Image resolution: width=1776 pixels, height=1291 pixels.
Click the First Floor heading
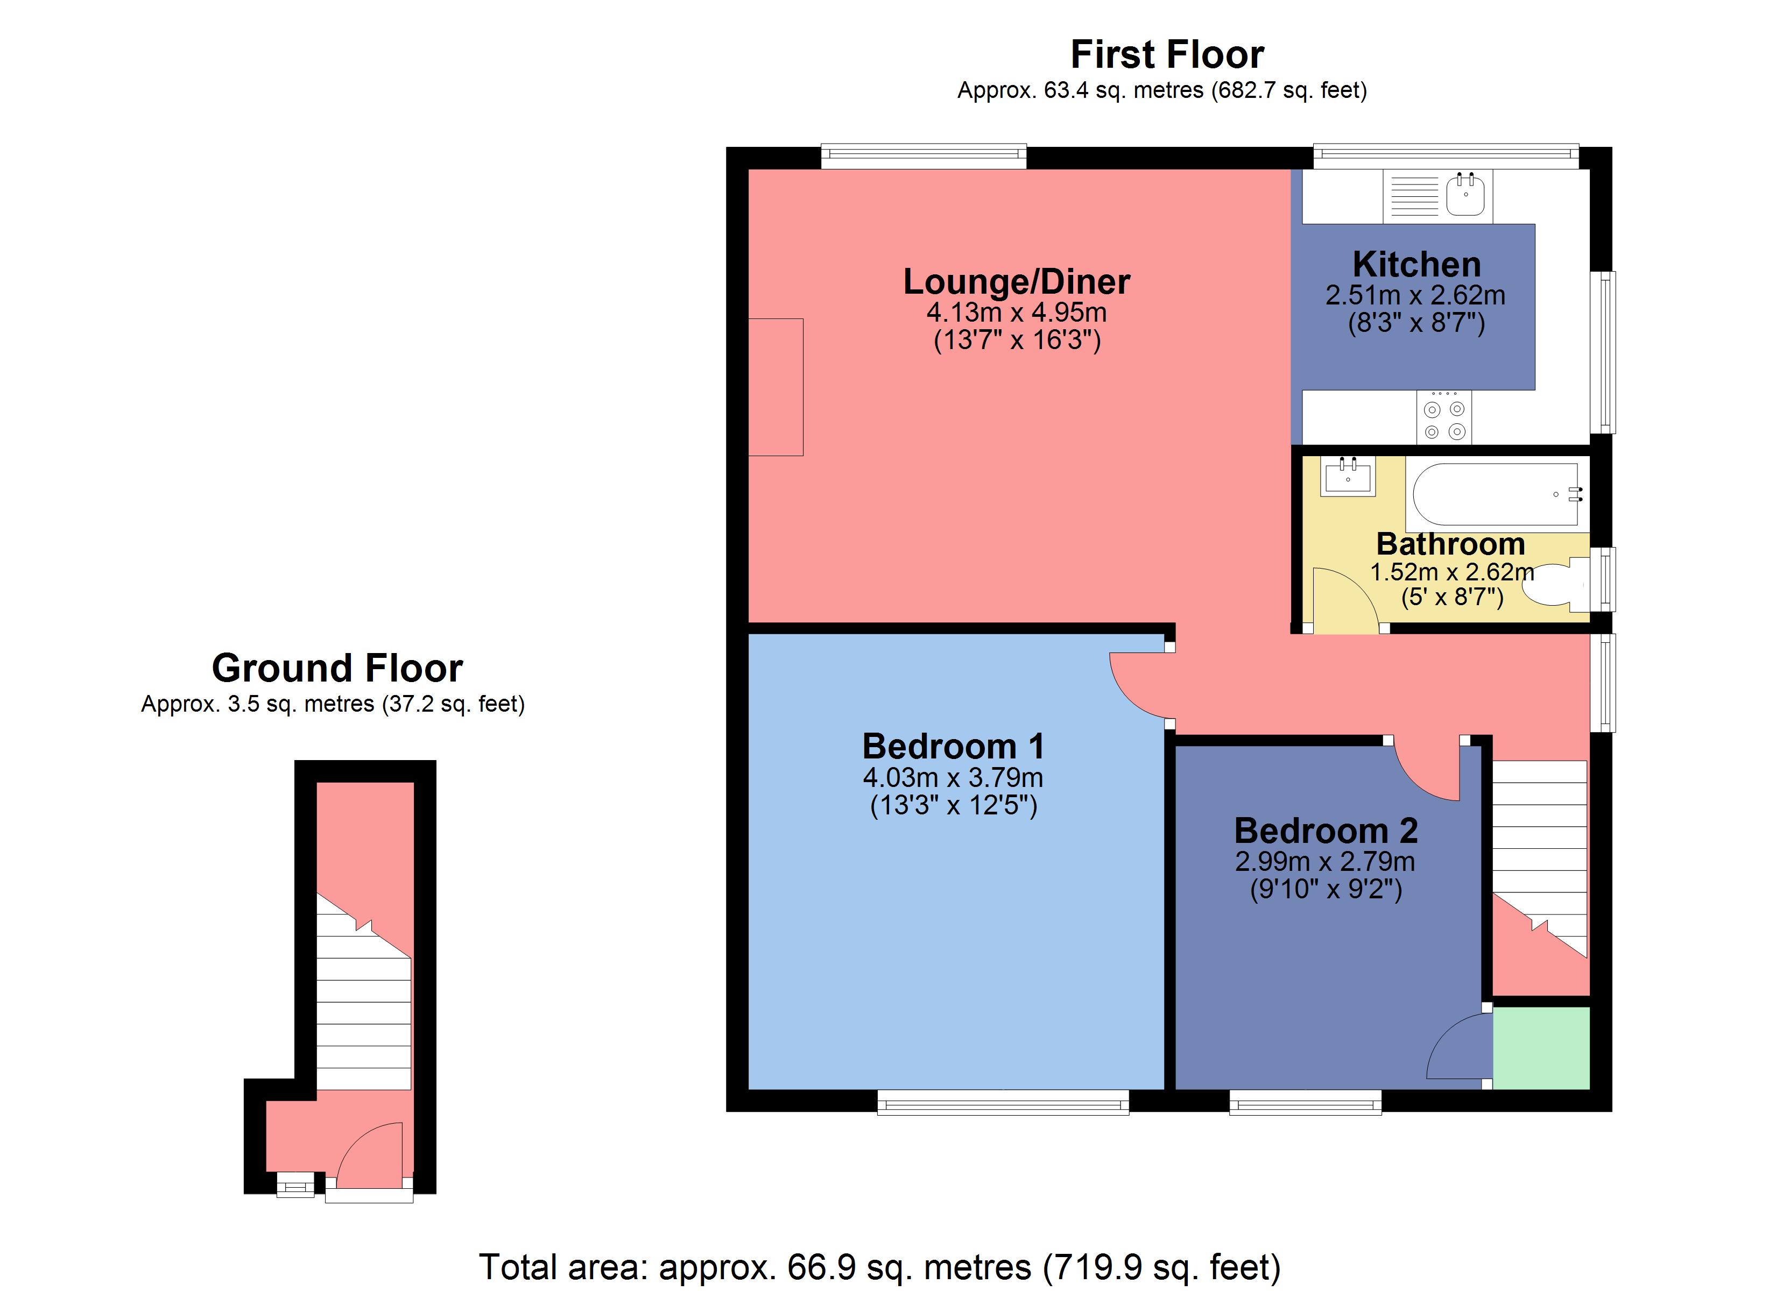pos(1167,55)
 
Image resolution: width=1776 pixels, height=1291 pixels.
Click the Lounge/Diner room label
pos(1017,282)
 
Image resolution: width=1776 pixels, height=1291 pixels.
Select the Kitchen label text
pos(1416,265)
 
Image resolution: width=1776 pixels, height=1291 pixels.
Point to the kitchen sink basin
pos(1465,195)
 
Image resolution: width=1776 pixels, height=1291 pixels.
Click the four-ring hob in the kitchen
pos(1444,420)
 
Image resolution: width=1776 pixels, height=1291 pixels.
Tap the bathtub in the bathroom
pos(1495,494)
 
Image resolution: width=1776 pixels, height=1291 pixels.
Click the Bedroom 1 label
pos(953,746)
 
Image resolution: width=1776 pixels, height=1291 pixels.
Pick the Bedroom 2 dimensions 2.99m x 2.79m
pos(1325,862)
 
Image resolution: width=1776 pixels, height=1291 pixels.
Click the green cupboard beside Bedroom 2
pos(1541,1047)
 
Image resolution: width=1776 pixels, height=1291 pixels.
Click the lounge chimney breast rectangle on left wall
pos(775,387)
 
